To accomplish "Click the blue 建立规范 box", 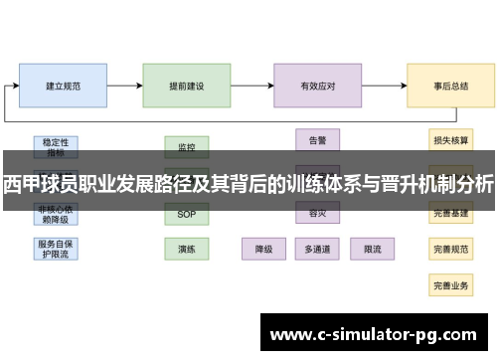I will coord(62,86).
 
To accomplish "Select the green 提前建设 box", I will coord(187,86).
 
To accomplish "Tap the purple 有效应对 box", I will coord(318,86).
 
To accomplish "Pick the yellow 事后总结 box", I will coord(451,86).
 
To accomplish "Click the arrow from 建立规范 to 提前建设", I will coord(124,86).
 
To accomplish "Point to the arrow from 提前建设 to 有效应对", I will coord(252,86).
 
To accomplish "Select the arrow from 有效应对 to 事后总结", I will coord(384,86).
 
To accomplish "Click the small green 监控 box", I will coord(187,147).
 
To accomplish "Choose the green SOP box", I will coord(187,214).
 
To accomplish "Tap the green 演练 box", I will coord(187,248).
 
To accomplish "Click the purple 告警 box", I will coord(318,140).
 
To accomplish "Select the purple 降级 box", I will coord(264,248).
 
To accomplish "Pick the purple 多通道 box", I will coord(318,248).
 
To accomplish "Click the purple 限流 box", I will coord(373,248).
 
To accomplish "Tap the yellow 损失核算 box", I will coord(451,140).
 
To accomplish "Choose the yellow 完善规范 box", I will coord(451,248).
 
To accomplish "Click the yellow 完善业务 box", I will coord(451,284).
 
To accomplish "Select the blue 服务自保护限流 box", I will coord(54,248).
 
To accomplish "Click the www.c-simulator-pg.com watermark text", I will coord(375,332).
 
